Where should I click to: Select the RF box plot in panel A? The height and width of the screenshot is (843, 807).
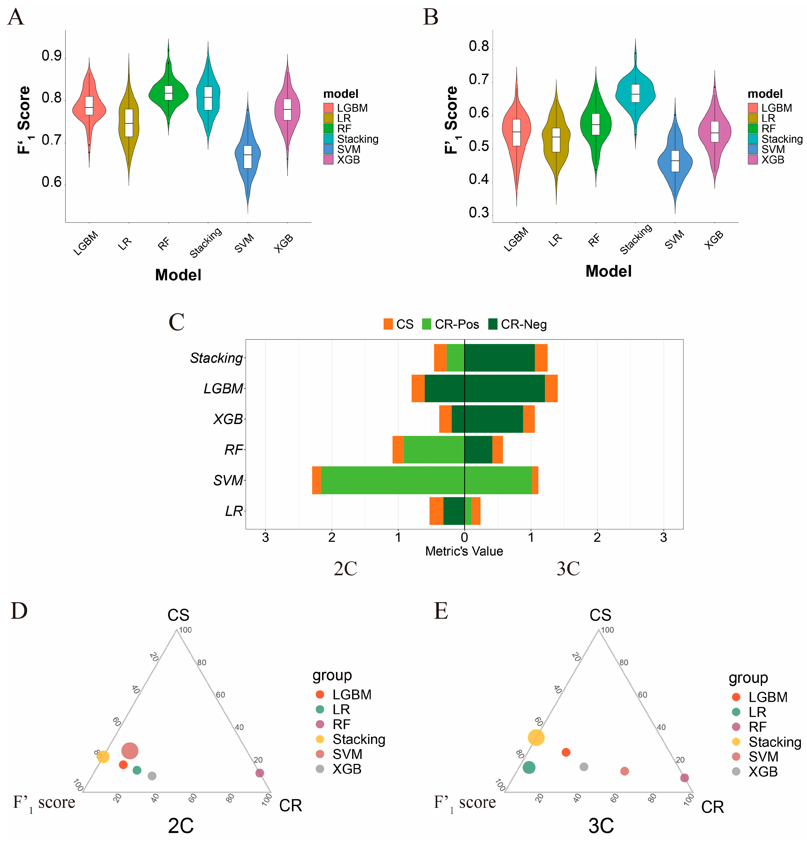(168, 93)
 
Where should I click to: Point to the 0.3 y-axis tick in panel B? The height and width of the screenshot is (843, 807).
(479, 213)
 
